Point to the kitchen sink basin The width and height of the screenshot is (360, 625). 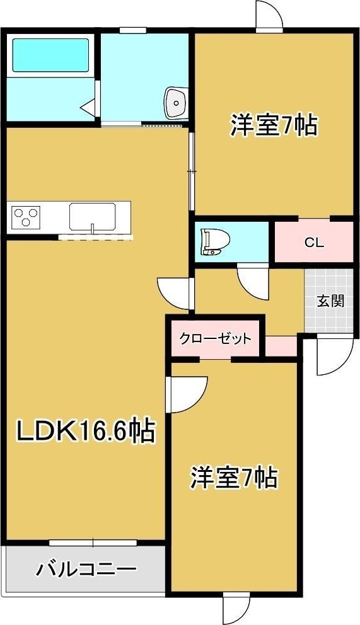click(92, 217)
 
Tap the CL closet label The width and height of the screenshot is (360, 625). click(314, 242)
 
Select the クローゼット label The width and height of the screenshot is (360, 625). click(216, 338)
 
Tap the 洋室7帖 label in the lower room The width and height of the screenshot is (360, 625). click(234, 478)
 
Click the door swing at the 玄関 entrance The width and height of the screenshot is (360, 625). click(331, 357)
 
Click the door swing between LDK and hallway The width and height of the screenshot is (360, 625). click(175, 294)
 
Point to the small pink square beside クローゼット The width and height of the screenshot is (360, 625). click(281, 346)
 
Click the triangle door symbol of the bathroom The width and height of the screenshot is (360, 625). click(88, 107)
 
